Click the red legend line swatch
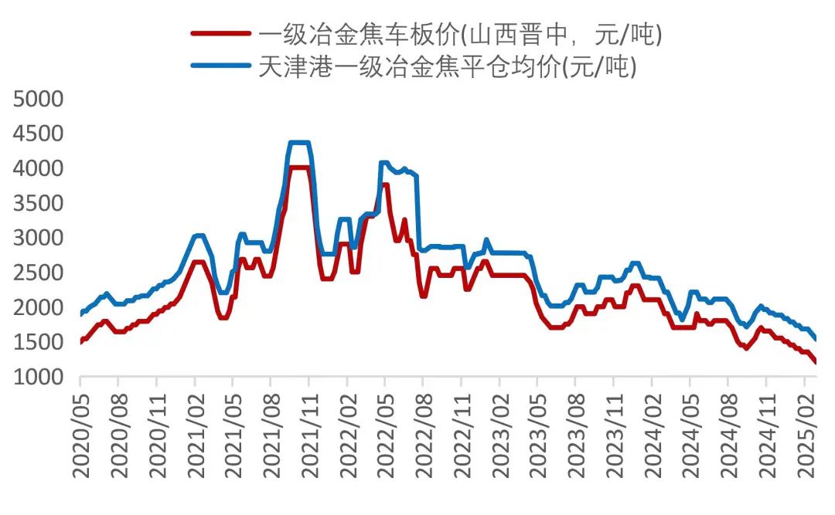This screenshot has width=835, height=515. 221,33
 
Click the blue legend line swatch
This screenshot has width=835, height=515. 221,68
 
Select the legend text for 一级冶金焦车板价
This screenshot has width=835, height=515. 461,33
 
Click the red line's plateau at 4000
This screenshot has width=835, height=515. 299,167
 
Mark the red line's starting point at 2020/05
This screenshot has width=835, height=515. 81,341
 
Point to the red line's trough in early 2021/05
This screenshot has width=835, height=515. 223,317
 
